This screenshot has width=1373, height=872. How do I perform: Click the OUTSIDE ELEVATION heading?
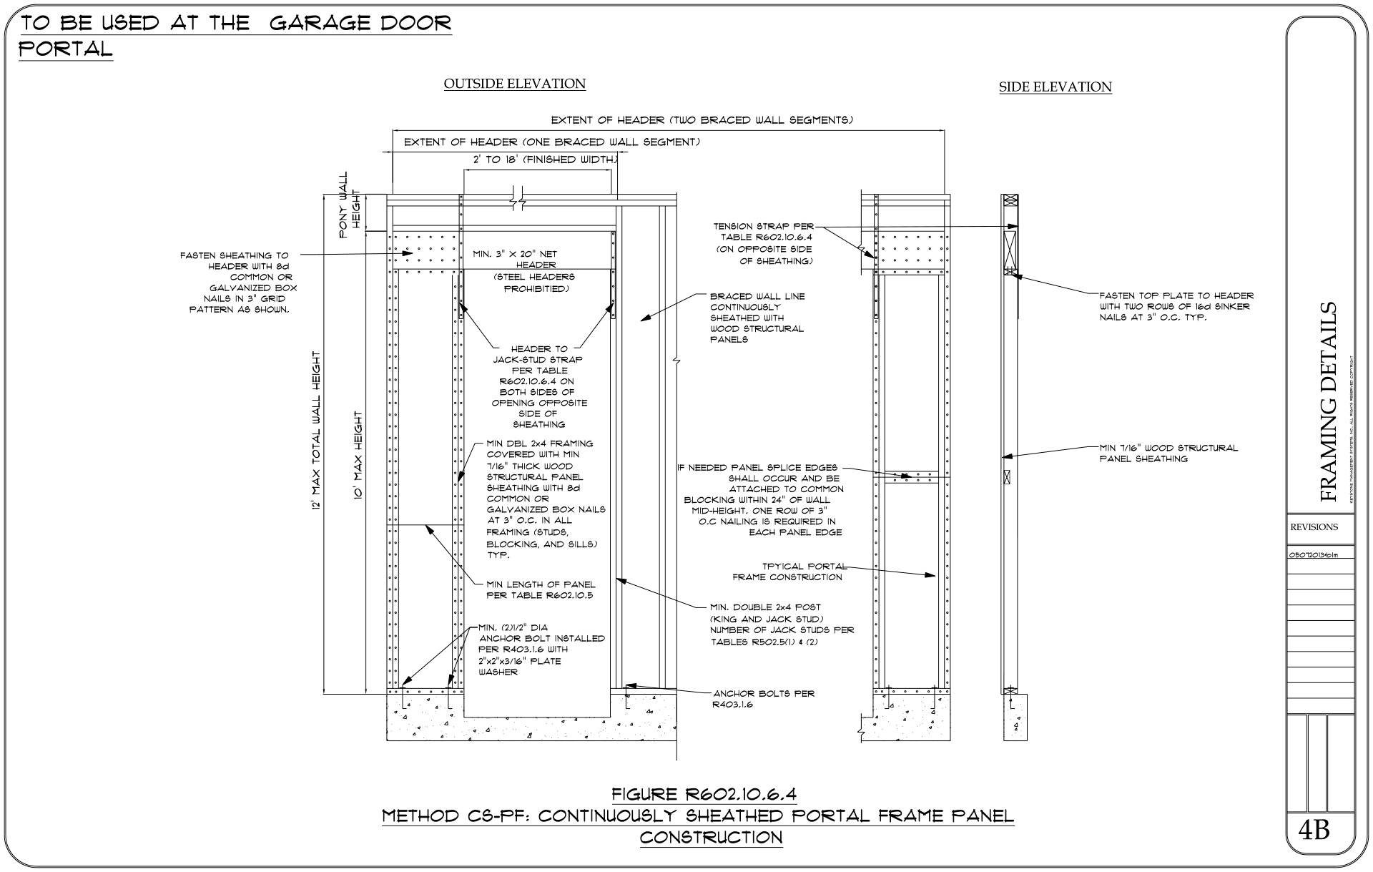(x=514, y=84)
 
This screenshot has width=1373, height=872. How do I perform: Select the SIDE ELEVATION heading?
(x=1055, y=87)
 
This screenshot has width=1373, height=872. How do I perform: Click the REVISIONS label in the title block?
(x=1314, y=527)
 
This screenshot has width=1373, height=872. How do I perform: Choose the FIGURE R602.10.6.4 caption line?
(x=704, y=794)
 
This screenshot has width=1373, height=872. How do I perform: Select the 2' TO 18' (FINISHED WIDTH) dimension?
(x=540, y=160)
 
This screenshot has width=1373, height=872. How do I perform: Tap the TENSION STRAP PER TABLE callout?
(x=763, y=244)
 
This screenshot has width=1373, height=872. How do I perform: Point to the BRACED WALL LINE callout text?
(x=757, y=318)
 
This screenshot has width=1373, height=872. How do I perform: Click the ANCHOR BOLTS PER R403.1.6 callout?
(x=763, y=699)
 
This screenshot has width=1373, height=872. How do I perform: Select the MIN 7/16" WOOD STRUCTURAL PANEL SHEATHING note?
(x=1168, y=453)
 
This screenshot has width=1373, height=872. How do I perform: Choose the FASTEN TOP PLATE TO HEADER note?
(x=1176, y=306)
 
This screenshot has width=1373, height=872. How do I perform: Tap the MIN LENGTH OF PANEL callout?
(x=541, y=589)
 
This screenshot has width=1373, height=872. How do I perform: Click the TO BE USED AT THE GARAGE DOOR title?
(x=236, y=23)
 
